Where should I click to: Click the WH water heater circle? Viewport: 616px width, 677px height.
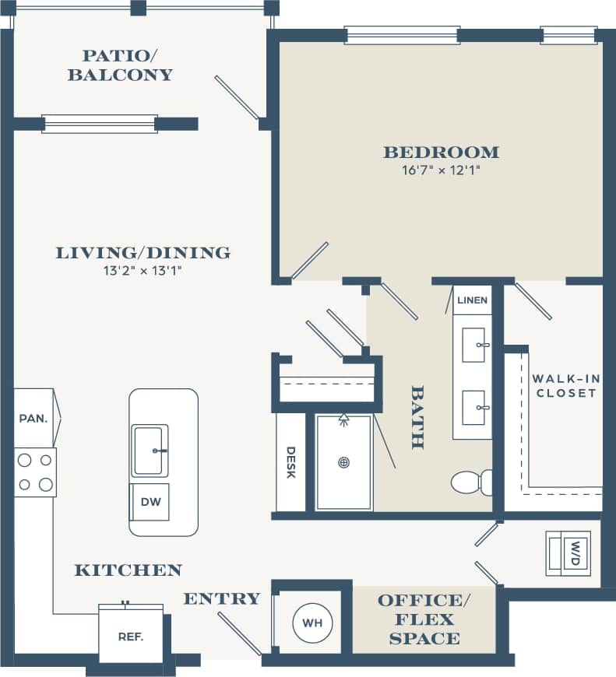coord(312,623)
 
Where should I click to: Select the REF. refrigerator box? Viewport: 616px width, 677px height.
coord(130,635)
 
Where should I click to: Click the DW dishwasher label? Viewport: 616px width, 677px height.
coord(150,502)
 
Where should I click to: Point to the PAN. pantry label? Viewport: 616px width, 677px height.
coord(33,418)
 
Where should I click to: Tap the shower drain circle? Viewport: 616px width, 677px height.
coord(343,462)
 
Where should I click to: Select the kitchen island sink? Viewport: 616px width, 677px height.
coord(150,451)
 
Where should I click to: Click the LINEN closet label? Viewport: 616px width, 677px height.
coord(472,300)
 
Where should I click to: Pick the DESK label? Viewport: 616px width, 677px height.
coord(290,462)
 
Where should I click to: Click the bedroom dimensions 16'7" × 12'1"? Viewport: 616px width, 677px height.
coord(441,170)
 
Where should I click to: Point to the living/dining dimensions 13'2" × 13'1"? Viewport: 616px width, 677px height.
coord(143,271)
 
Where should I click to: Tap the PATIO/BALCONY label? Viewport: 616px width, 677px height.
coord(120,65)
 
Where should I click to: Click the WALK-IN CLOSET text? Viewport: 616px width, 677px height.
coord(565,386)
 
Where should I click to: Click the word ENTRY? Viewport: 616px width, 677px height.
coord(221,598)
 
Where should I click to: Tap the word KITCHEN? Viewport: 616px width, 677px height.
coord(128,570)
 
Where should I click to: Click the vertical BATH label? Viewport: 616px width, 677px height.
coord(417,417)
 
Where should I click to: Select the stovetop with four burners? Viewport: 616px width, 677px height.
coord(35,472)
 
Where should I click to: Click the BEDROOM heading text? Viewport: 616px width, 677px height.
coord(441,152)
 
